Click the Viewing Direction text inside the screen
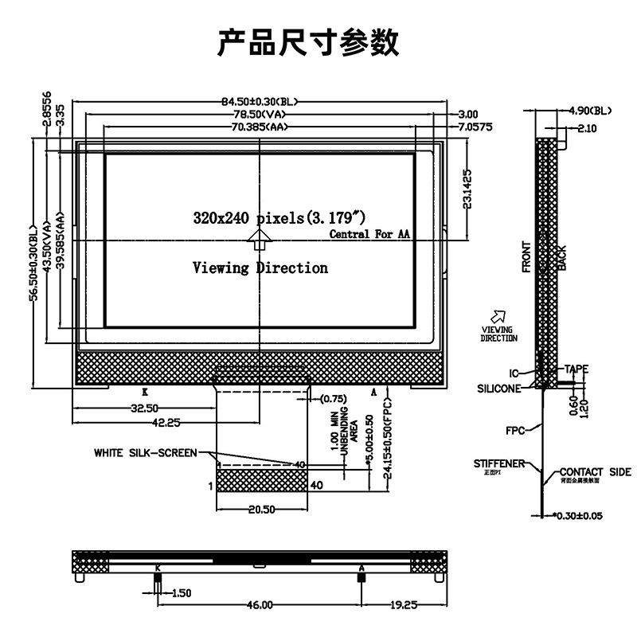(x=260, y=268)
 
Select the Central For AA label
(x=369, y=234)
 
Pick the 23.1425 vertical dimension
(x=467, y=189)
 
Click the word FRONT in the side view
(x=526, y=256)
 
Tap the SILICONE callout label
(x=499, y=389)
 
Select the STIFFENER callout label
(x=498, y=463)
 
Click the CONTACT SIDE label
(x=595, y=471)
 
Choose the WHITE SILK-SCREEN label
(x=145, y=453)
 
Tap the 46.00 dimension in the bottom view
(x=260, y=605)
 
